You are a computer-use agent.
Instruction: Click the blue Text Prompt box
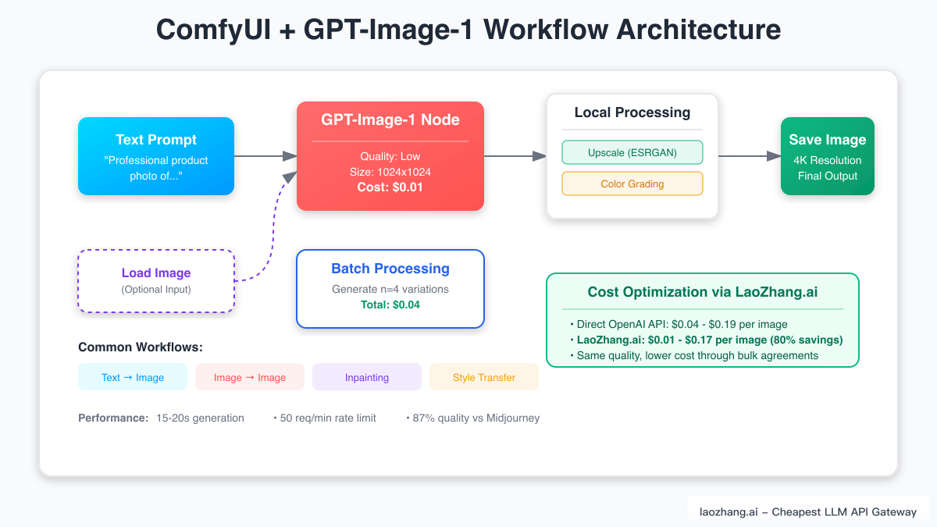(156, 156)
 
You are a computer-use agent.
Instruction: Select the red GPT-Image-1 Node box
(390, 156)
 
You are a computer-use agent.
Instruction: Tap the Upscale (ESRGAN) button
(632, 152)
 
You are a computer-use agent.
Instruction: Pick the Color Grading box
(632, 183)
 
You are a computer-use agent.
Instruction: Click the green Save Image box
(828, 156)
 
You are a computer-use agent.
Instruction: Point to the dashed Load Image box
(156, 281)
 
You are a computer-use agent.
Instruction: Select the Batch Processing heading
(390, 269)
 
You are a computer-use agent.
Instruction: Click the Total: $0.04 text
(390, 304)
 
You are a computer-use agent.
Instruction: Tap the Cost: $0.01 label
(390, 187)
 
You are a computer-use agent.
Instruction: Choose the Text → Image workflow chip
(133, 377)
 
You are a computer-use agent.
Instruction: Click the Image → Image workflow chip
(250, 377)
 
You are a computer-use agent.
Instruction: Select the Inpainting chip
(367, 377)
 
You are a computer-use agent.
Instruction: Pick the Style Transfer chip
(484, 377)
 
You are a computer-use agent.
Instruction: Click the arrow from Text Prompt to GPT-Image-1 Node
(265, 156)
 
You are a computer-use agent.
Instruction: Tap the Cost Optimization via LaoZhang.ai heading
(703, 292)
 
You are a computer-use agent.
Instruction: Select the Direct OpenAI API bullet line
(682, 324)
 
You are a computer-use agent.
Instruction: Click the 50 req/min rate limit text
(327, 418)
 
